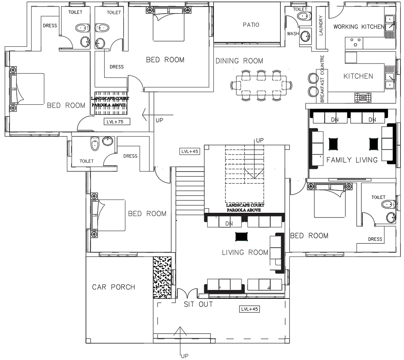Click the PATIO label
[251, 25]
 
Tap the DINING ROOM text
[239, 61]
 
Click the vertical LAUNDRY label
[321, 25]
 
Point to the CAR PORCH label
[114, 287]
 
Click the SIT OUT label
[198, 304]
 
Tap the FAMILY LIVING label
[352, 160]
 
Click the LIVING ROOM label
[245, 253]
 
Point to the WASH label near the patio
[293, 34]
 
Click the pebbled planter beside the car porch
[163, 277]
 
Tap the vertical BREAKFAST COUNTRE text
[322, 79]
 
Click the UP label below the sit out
[184, 355]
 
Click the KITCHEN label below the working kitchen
[358, 76]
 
